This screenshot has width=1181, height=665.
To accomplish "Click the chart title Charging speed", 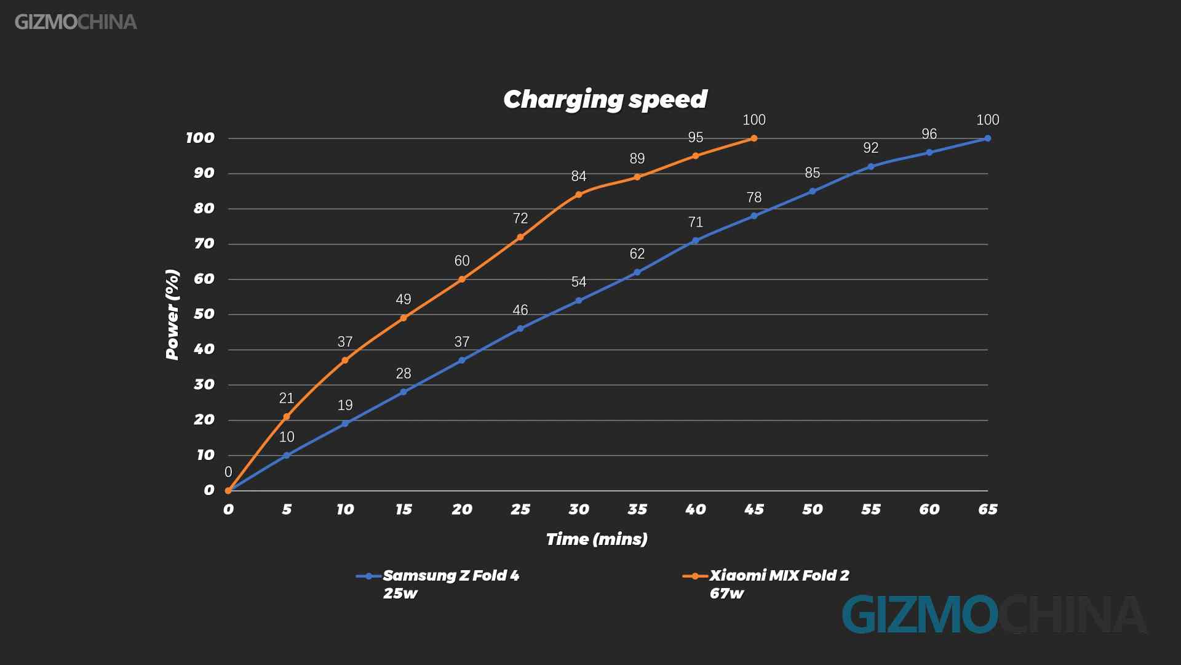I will tap(605, 100).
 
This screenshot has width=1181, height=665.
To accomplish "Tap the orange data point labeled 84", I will tap(578, 195).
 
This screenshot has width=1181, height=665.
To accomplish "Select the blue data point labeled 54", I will tap(578, 300).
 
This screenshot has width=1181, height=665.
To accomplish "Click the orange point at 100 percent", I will tap(754, 139).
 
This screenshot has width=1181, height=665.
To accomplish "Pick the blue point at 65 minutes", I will tap(988, 139).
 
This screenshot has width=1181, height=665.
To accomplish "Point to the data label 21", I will tap(287, 398).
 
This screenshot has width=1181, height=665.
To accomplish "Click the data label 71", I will tap(696, 222).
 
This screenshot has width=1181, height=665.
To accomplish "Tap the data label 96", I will tap(929, 134).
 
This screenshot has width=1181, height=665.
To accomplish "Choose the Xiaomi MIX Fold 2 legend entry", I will tap(766, 583).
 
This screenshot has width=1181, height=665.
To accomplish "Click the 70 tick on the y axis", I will tap(204, 244).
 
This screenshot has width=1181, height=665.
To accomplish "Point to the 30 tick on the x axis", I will tap(579, 510).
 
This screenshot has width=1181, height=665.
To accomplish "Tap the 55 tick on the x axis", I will tap(871, 510).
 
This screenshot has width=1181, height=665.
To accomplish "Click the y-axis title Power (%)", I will tap(172, 314).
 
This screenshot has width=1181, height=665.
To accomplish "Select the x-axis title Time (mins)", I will tap(597, 539).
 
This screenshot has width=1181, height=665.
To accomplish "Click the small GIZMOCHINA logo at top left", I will tap(76, 22).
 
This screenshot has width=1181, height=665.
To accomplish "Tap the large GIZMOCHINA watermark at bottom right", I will tap(994, 615).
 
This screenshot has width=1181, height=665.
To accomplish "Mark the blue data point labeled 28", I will tap(404, 392).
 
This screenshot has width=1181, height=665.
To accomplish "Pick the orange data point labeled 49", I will tap(404, 318).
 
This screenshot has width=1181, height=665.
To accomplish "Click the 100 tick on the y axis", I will tap(201, 138).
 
